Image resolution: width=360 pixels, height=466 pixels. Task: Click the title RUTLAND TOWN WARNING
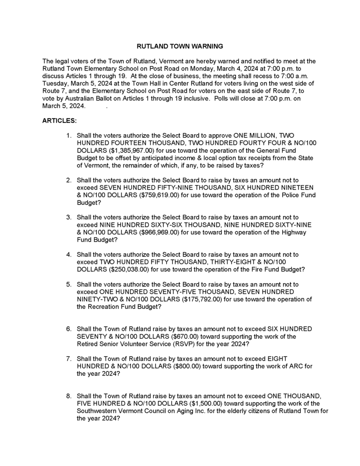click(x=180, y=46)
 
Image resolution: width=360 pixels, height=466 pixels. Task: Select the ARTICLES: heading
click(x=59, y=122)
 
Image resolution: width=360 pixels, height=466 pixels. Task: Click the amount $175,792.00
click(x=201, y=299)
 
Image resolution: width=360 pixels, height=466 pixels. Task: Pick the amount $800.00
click(x=183, y=366)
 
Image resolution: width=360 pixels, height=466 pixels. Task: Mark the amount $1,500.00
click(x=203, y=403)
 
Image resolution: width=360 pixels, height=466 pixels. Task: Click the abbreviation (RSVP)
click(x=177, y=344)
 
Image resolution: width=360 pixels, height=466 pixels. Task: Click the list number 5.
click(x=68, y=284)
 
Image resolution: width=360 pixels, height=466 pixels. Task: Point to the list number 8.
click(x=68, y=396)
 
